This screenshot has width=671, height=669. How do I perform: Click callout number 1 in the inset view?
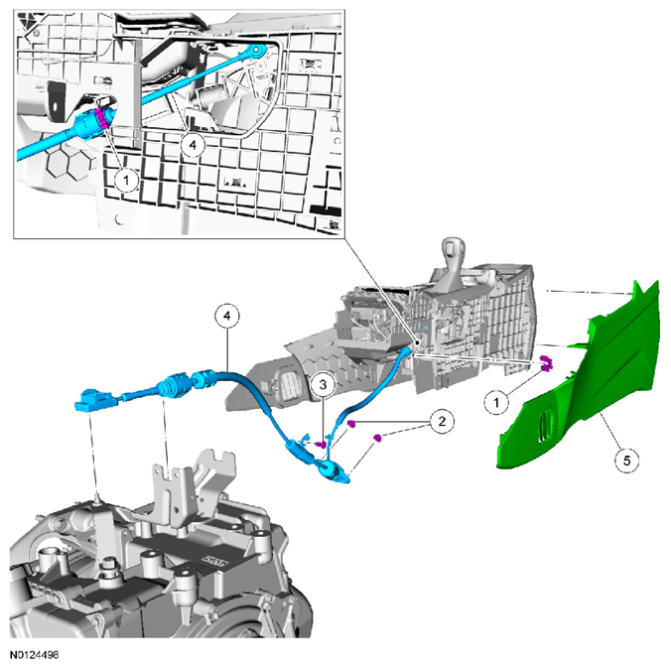point(124,180)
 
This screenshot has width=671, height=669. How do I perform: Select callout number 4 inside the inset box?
point(195,145)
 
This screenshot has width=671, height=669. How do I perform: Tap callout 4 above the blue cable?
point(228,318)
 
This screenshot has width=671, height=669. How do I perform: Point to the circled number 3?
point(323,383)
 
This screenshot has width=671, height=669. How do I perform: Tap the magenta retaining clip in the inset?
point(102,122)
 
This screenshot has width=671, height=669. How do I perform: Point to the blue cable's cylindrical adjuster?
point(177,382)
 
